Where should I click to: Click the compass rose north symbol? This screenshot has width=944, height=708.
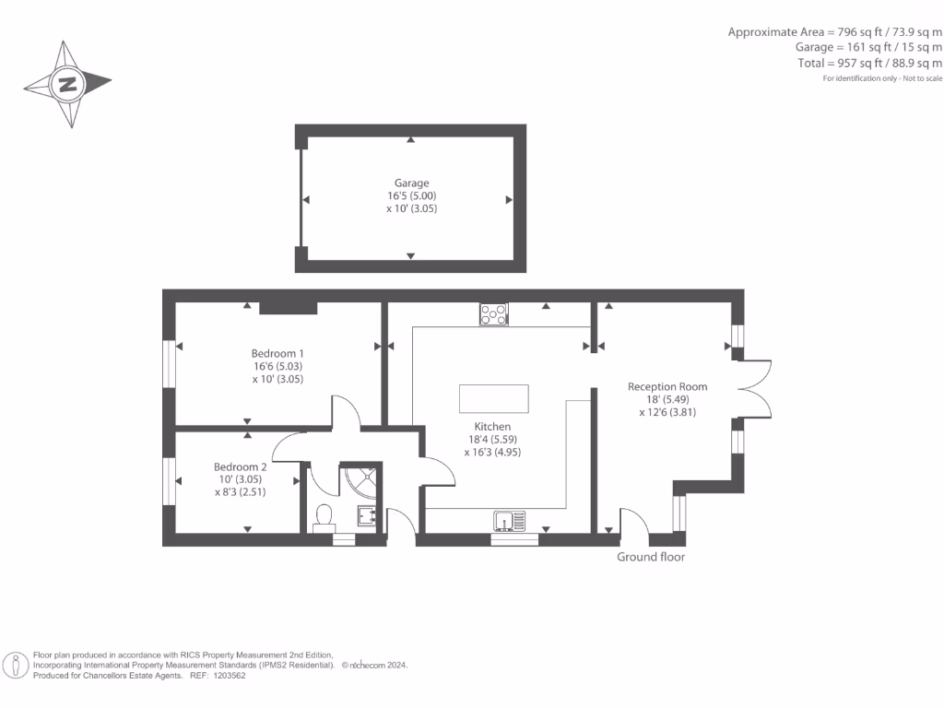point(67,85)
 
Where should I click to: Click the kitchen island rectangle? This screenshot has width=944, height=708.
point(494,399)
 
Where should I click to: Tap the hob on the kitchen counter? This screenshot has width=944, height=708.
point(493,314)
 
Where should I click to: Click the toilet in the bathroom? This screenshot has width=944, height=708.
point(324,518)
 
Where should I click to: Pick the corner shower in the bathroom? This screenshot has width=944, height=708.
point(361,480)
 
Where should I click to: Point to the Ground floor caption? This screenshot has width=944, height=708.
point(651,557)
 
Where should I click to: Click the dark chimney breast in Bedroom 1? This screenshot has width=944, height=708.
point(289,308)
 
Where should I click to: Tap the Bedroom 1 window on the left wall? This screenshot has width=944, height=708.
point(169,364)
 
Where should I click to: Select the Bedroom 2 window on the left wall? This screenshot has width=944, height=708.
point(169,480)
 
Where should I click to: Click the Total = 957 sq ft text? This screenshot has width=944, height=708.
point(869,63)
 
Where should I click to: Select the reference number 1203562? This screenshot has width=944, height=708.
point(227,675)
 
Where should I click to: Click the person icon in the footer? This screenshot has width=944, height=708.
point(16,665)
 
